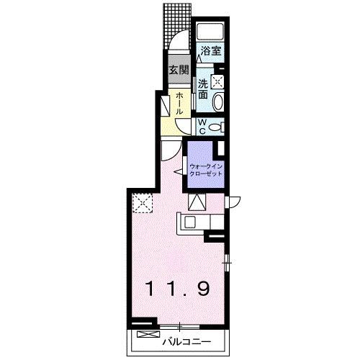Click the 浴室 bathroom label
(x=211, y=51)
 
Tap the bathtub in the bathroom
(x=210, y=32)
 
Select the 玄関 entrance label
(x=179, y=70)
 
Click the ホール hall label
(x=179, y=103)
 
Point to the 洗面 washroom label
(x=203, y=89)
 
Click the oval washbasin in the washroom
(x=218, y=102)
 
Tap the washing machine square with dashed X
(x=217, y=81)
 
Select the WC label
(x=202, y=127)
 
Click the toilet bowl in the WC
(x=214, y=127)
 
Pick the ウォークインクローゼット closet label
(x=206, y=170)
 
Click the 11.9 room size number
(x=178, y=289)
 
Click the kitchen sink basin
(x=190, y=222)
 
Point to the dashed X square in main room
(x=143, y=203)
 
